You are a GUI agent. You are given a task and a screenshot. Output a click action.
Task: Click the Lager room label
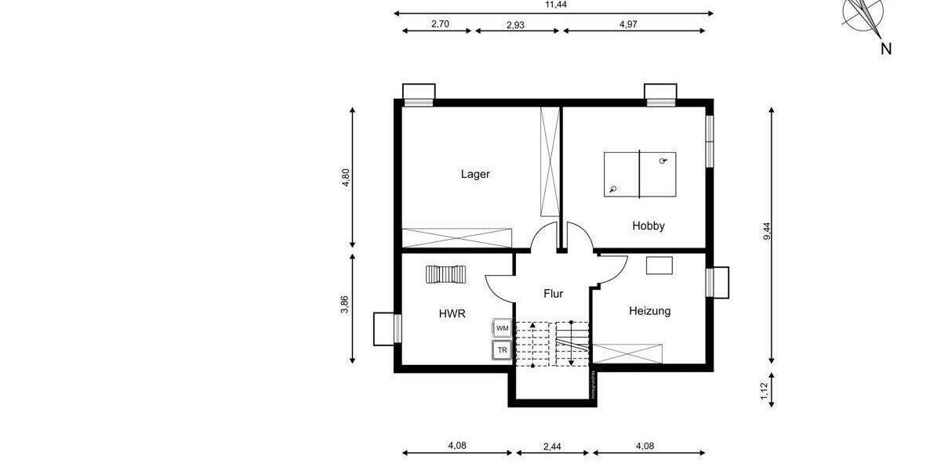475,174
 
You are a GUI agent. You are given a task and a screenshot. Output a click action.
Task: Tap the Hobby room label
649,226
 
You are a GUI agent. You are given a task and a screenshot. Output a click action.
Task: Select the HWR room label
452,313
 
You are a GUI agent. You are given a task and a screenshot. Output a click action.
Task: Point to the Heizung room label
649,311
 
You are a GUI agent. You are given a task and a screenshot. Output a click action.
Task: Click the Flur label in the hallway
554,294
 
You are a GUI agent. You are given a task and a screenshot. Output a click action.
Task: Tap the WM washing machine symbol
502,328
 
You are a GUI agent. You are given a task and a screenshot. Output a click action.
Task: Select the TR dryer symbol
502,350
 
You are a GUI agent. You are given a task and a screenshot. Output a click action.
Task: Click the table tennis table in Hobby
640,174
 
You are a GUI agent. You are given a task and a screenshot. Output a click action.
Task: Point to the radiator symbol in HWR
445,274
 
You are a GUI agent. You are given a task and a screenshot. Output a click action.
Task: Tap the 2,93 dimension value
515,24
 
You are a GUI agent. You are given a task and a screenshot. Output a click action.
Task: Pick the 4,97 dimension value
628,24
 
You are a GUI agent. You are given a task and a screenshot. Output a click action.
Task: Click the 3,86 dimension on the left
345,305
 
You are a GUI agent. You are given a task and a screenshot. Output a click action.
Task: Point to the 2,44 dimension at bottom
553,446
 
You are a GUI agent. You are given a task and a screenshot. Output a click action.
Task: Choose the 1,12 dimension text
765,389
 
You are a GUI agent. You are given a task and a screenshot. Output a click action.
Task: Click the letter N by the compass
885,49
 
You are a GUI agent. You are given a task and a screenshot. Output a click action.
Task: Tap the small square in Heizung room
659,265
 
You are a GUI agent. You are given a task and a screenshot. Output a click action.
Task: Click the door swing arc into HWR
496,290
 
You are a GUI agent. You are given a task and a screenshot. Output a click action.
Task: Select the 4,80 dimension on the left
345,179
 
